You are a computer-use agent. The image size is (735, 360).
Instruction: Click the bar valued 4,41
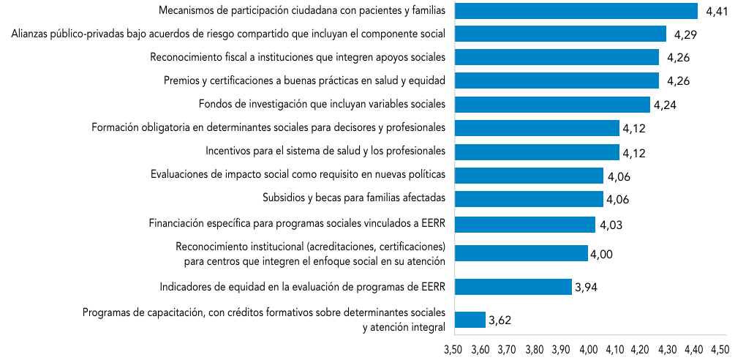(576, 10)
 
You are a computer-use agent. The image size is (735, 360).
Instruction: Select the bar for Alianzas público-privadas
(560, 34)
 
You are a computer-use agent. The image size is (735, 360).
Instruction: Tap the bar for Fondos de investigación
(552, 104)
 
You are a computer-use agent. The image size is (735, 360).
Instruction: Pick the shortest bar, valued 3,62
(470, 320)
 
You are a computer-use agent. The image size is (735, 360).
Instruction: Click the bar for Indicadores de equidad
(513, 287)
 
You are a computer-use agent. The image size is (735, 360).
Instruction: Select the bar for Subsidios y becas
(529, 199)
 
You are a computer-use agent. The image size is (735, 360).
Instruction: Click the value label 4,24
(665, 105)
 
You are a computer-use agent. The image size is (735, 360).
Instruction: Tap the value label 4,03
(611, 225)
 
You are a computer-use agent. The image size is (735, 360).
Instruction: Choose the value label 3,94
(587, 288)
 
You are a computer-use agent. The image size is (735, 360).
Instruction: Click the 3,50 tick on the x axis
(453, 350)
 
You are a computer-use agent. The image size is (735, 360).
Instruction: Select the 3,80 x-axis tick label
(533, 350)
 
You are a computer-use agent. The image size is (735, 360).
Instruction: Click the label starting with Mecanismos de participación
(302, 11)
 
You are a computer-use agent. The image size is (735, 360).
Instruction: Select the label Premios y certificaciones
(304, 80)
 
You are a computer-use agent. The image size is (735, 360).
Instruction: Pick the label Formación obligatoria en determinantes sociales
(268, 128)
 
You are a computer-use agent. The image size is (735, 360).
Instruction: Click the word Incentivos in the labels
(228, 151)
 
